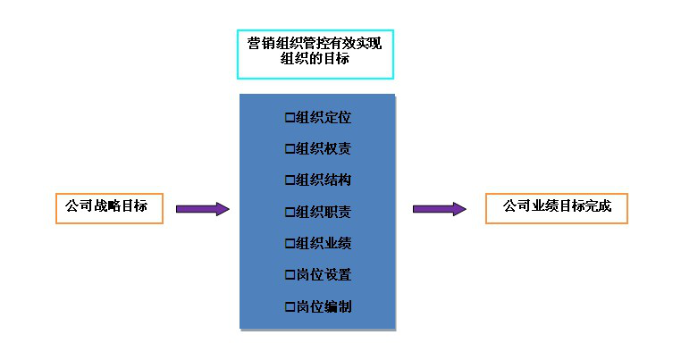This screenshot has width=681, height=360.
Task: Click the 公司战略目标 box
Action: (108, 207)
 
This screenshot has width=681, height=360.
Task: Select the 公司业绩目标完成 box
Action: (556, 207)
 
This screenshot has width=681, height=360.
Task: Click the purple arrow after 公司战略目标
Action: (202, 209)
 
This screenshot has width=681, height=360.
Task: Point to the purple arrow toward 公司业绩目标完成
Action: (439, 209)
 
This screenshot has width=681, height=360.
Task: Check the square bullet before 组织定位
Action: (289, 117)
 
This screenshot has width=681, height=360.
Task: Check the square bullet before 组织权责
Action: (289, 148)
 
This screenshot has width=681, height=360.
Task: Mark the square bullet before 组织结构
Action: (289, 180)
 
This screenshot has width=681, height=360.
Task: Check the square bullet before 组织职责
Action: (289, 212)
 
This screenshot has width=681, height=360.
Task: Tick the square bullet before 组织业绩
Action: (289, 243)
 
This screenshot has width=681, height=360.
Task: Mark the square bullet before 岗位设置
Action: (289, 275)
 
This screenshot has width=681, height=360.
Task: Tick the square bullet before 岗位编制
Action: (289, 306)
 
